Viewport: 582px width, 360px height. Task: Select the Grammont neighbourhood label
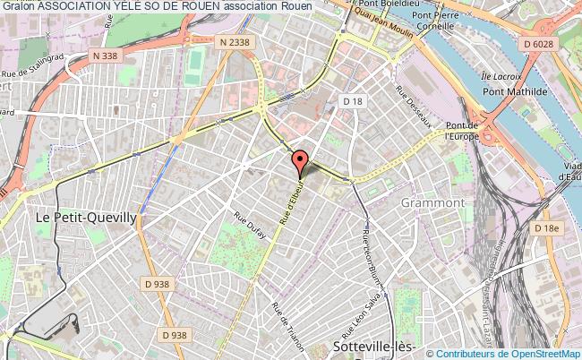coord(434,202)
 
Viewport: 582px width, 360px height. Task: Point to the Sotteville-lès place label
coord(367,346)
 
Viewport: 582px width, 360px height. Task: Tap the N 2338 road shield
coord(235,40)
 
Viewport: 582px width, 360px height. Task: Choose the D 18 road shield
coord(352,101)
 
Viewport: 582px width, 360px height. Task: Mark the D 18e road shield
coord(546,229)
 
